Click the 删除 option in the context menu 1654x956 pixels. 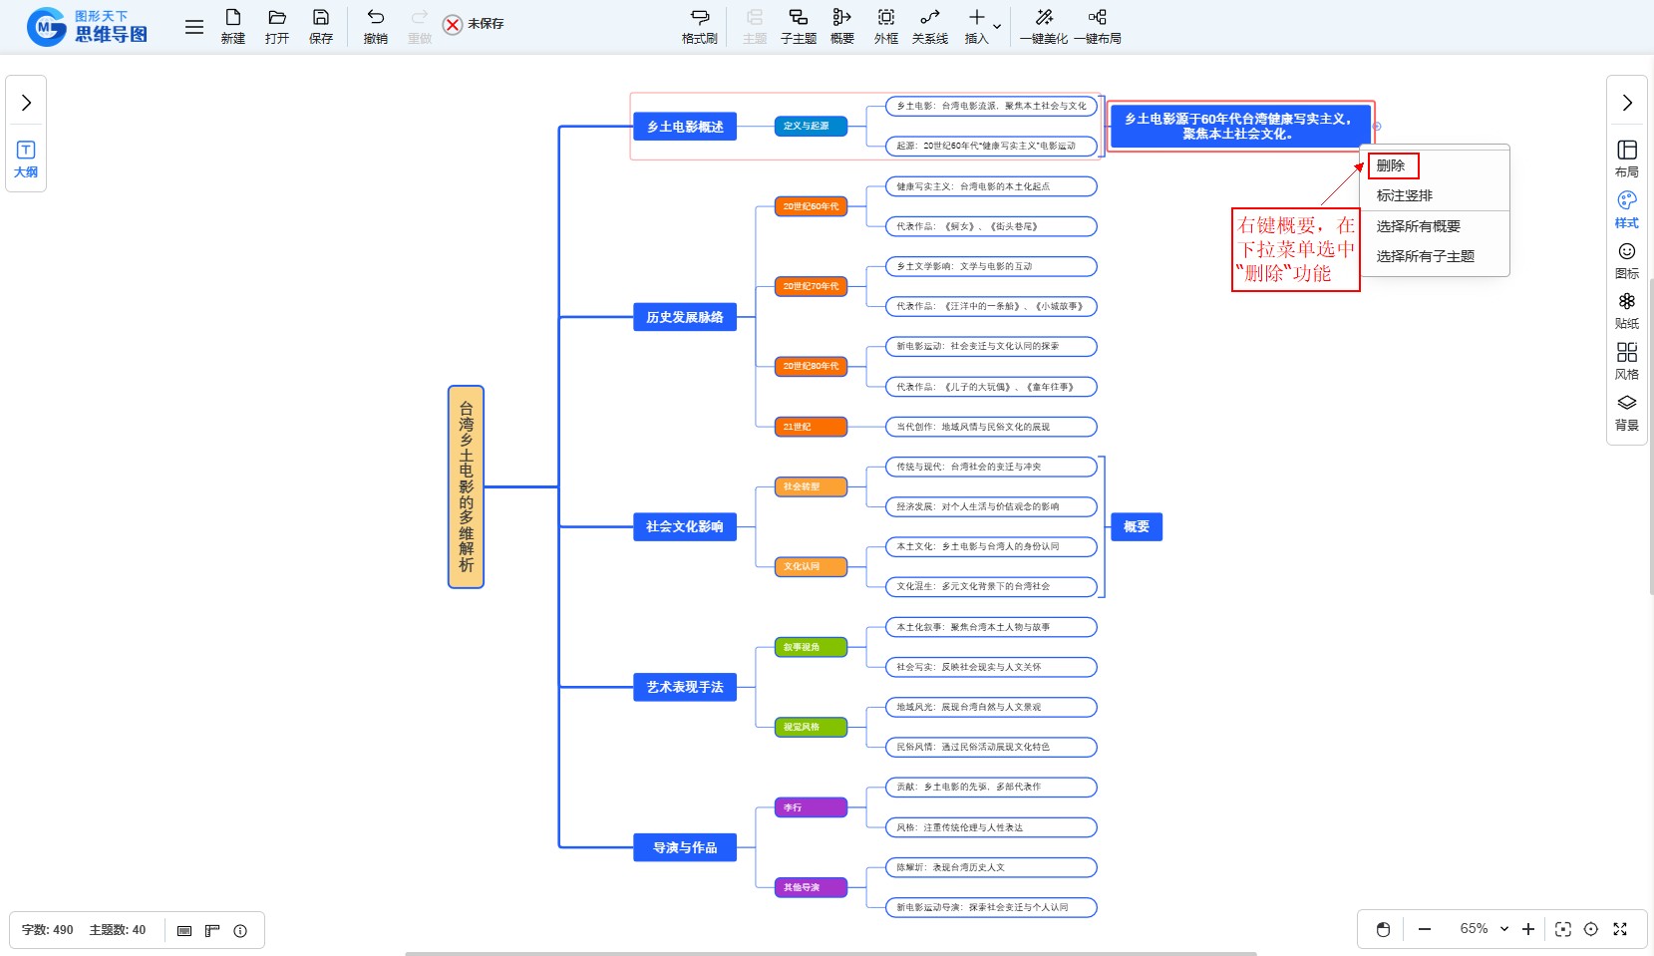pyautogui.click(x=1391, y=165)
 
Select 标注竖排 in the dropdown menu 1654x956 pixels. pyautogui.click(x=1404, y=195)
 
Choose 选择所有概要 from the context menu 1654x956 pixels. pyautogui.click(x=1418, y=226)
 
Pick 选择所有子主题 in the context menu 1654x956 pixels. pyautogui.click(x=1425, y=256)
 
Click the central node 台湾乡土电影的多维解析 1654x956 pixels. pyautogui.click(x=466, y=486)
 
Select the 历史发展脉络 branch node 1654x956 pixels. pyautogui.click(x=685, y=317)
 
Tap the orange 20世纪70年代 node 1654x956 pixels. pyautogui.click(x=811, y=286)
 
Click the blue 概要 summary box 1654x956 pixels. pyautogui.click(x=1137, y=526)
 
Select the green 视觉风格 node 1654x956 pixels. pyautogui.click(x=811, y=727)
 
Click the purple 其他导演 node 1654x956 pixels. pyautogui.click(x=811, y=887)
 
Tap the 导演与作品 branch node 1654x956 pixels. pyautogui.click(x=685, y=847)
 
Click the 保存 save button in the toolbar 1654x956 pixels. pyautogui.click(x=321, y=26)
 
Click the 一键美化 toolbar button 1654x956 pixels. pyautogui.click(x=1044, y=26)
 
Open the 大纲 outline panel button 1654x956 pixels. pyautogui.click(x=26, y=159)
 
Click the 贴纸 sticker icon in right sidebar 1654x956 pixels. pyautogui.click(x=1627, y=310)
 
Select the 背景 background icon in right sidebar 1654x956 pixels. pyautogui.click(x=1627, y=412)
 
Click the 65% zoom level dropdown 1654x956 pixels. pyautogui.click(x=1484, y=929)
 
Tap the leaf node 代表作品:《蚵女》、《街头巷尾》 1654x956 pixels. pyautogui.click(x=991, y=226)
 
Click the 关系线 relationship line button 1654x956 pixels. pyautogui.click(x=930, y=26)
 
